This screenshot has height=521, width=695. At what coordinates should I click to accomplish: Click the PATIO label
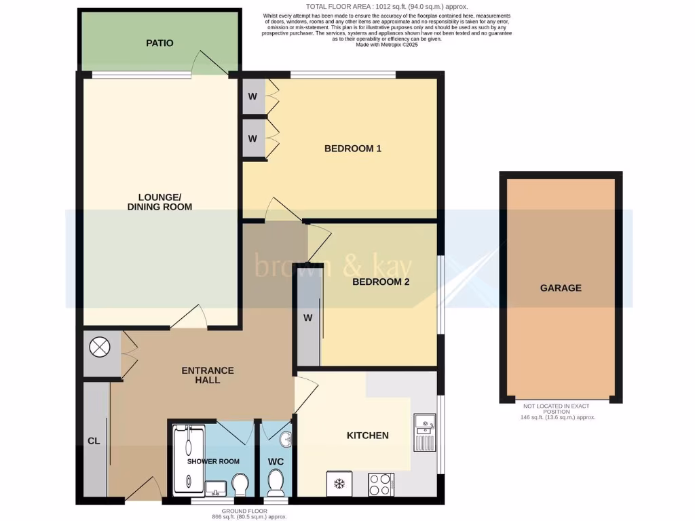tap(159, 43)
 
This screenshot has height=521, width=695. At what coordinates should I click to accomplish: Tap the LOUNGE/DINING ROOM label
tap(160, 202)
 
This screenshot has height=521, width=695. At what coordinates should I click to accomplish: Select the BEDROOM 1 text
tap(352, 149)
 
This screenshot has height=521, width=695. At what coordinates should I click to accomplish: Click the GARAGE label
tap(561, 288)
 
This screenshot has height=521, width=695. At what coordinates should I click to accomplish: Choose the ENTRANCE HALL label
tap(208, 375)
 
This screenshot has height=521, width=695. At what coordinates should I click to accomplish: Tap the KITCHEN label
tap(368, 435)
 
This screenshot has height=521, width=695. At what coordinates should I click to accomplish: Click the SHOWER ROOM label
tap(214, 461)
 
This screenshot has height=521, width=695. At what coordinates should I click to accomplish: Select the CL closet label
tap(94, 441)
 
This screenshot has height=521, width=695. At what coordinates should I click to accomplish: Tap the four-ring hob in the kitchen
tap(379, 484)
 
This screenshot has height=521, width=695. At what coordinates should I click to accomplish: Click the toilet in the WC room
tap(276, 483)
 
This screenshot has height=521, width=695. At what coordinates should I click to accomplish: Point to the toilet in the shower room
tap(240, 484)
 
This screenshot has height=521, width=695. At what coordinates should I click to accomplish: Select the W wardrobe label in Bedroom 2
tap(306, 318)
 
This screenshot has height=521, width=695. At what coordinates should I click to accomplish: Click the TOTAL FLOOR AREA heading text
tap(387, 6)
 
